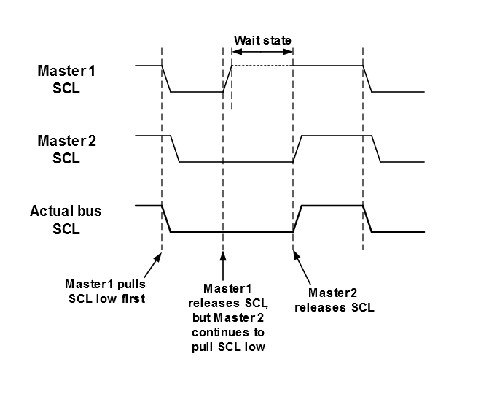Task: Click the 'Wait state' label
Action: coord(262,40)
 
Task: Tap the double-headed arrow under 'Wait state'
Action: coord(262,52)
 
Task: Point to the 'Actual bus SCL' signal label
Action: coord(66,220)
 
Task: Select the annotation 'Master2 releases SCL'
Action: coord(335,301)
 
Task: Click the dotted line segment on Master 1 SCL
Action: coord(262,66)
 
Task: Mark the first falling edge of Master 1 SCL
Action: coord(166,79)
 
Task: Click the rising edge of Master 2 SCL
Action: coord(297,149)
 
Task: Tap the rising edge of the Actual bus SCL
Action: coord(297,219)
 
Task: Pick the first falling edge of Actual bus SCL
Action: coord(166,219)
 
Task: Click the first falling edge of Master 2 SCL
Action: coord(175,149)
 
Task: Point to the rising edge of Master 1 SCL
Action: coord(227,79)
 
